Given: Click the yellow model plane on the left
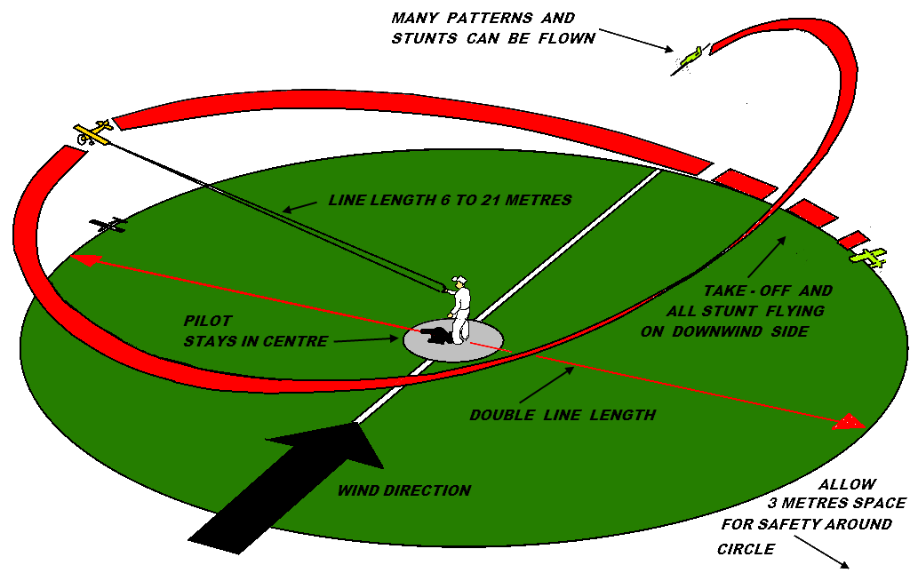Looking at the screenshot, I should [x=94, y=132].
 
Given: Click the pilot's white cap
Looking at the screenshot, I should [x=459, y=281].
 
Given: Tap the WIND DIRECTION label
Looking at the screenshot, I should [x=404, y=490].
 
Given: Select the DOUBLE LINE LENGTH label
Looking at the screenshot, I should [x=563, y=415].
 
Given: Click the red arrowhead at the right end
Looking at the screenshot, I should [x=851, y=422].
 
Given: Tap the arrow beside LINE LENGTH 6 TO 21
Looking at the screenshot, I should [x=299, y=206].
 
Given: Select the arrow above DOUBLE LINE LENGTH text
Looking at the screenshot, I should [x=547, y=385].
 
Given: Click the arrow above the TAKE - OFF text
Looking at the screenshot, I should [x=766, y=257].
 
